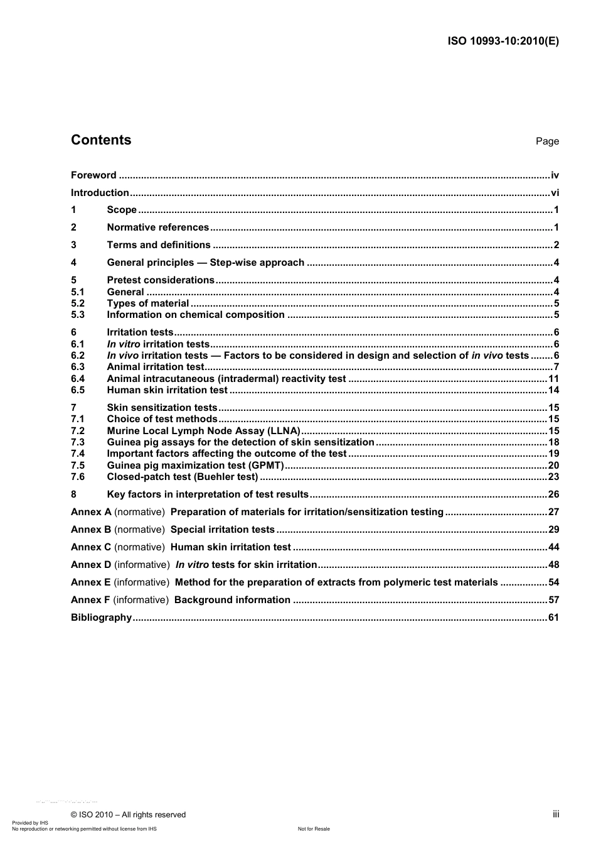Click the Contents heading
coord(101,140)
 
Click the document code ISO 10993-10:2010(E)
coord(503,41)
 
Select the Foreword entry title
coord(93,175)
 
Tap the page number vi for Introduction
coord(554,193)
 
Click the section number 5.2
coord(78,303)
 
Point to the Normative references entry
coord(157,227)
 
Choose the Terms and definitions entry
coord(159,245)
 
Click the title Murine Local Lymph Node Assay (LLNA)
coord(203,431)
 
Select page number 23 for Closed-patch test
coord(553,477)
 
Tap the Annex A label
coord(91,512)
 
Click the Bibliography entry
coord(101,618)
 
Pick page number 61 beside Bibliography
coord(553,618)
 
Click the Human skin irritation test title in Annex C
coord(230,547)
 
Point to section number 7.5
coord(78,466)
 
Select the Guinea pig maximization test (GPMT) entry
coord(195,466)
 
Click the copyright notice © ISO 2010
coord(128,815)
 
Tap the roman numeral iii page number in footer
coord(555,814)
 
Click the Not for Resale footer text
coord(314,829)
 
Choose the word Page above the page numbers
coord(546,141)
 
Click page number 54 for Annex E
coord(553,582)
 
